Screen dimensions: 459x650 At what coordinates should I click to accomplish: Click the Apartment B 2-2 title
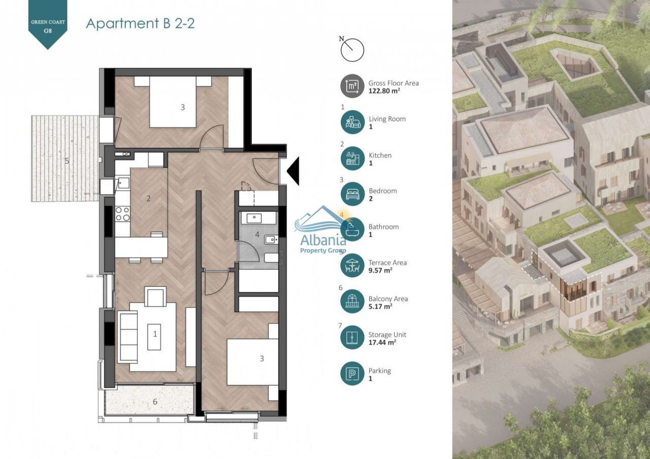140,23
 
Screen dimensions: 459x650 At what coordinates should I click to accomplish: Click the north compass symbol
352,49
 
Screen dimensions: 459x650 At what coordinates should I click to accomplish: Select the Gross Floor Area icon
352,86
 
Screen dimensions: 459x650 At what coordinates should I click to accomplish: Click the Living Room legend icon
352,122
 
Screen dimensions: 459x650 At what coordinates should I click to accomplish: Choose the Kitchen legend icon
352,158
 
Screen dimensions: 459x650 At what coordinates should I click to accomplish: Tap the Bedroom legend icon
352,194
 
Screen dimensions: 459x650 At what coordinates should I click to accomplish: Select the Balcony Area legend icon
352,302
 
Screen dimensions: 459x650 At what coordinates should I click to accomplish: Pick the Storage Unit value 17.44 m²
382,342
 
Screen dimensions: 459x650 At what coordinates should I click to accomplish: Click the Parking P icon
352,374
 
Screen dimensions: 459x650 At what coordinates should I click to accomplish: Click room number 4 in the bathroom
257,235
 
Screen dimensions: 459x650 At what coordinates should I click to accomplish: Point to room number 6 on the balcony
155,402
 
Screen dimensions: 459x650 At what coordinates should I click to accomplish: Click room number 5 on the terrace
67,161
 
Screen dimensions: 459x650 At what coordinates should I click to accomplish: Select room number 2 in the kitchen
148,199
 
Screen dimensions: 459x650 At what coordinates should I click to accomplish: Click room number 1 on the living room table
155,334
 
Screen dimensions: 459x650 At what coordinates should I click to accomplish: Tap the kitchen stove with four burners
122,214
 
